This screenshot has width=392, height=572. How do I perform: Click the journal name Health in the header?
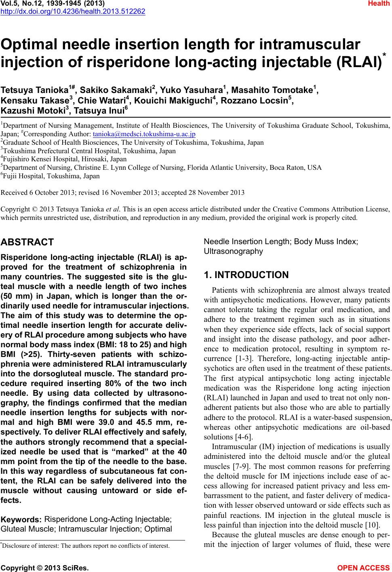click(380, 4)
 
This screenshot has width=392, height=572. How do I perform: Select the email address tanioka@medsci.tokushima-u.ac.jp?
click(144, 134)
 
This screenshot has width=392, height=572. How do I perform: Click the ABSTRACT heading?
click(27, 243)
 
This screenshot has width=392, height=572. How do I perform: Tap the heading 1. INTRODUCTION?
click(247, 275)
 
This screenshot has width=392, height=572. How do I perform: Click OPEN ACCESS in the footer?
click(364, 568)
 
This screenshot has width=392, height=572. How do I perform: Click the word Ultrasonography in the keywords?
click(233, 251)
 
